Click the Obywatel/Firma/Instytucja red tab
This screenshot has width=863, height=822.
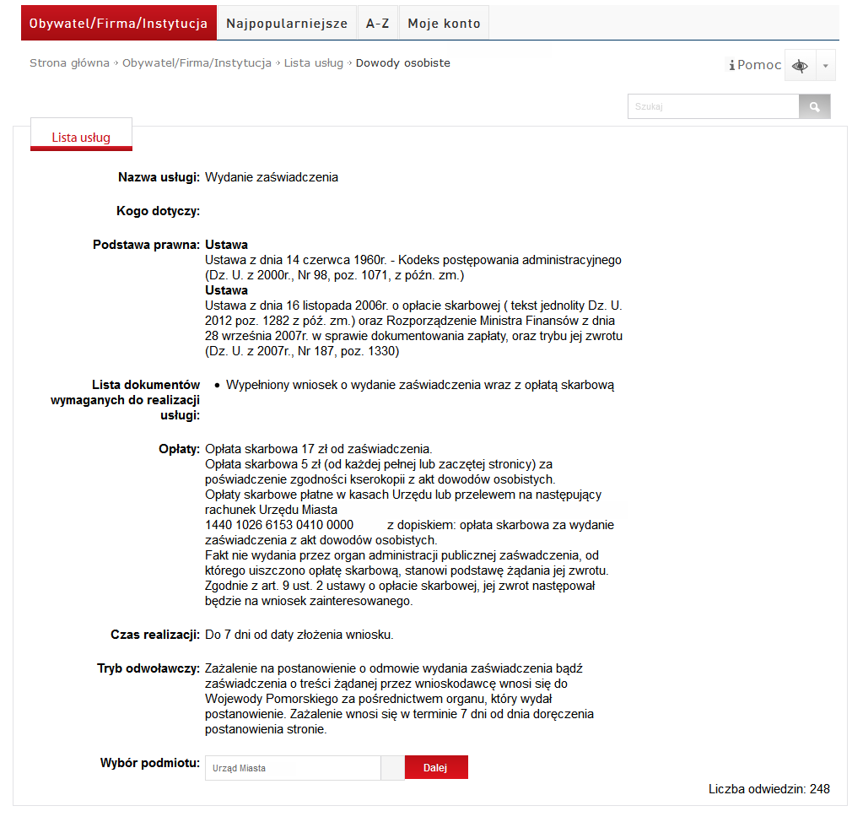pyautogui.click(x=118, y=24)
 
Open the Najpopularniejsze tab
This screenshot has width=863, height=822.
pyautogui.click(x=287, y=24)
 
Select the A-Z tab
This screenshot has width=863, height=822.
pyautogui.click(x=377, y=24)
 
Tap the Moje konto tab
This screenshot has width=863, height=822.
pyautogui.click(x=444, y=24)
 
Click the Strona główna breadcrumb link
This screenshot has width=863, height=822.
pyautogui.click(x=69, y=63)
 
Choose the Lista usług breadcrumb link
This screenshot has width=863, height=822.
pyautogui.click(x=313, y=63)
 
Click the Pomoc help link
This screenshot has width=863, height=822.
pyautogui.click(x=755, y=65)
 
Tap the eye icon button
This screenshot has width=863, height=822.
pyautogui.click(x=800, y=66)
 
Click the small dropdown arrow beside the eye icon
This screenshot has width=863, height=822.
pyautogui.click(x=826, y=66)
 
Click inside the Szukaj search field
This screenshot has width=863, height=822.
pyautogui.click(x=713, y=107)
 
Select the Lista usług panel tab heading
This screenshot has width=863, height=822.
pyautogui.click(x=81, y=138)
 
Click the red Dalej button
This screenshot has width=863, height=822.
pyautogui.click(x=435, y=768)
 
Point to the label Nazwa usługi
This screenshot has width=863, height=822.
pyautogui.click(x=159, y=177)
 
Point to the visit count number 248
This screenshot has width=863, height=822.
pyautogui.click(x=819, y=789)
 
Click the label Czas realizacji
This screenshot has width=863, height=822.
pyautogui.click(x=154, y=635)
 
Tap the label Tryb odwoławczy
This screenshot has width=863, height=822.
pyautogui.click(x=148, y=668)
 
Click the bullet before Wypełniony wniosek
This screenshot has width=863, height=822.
pyautogui.click(x=217, y=386)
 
